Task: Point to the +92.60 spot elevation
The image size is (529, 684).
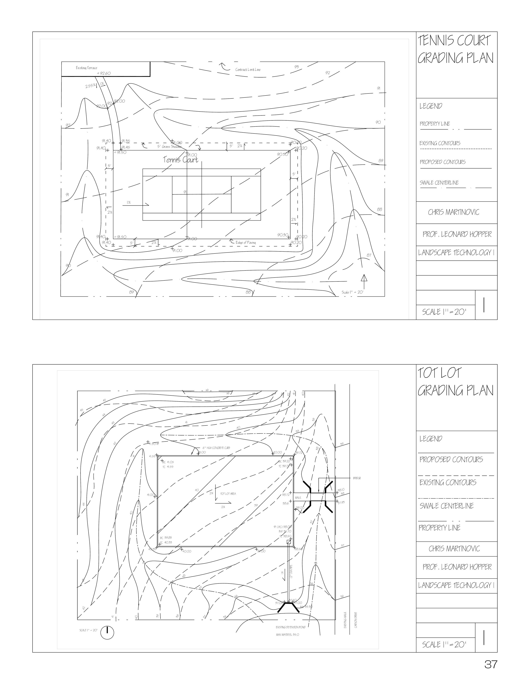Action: [104, 74]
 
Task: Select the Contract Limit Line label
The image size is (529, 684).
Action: [248, 69]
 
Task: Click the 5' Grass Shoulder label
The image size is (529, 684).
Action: [169, 146]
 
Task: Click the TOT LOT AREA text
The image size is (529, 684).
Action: [228, 494]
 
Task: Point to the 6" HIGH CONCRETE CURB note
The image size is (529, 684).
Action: [216, 448]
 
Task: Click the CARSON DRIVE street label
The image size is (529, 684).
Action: [356, 620]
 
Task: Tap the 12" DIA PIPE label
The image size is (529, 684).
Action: [291, 572]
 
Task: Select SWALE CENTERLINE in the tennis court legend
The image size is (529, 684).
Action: [439, 183]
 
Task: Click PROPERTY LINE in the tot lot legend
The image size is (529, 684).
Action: [440, 528]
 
